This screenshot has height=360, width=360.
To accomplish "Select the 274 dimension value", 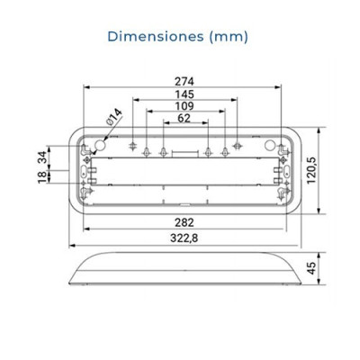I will click(185, 80).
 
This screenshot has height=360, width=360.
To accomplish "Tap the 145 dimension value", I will click(185, 94).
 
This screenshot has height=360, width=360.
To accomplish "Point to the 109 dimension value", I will click(185, 105).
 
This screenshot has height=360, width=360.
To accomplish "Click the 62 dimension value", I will click(185, 117).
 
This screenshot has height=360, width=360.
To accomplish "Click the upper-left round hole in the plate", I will click(98, 143).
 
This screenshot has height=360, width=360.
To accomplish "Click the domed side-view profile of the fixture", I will click(184, 270).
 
